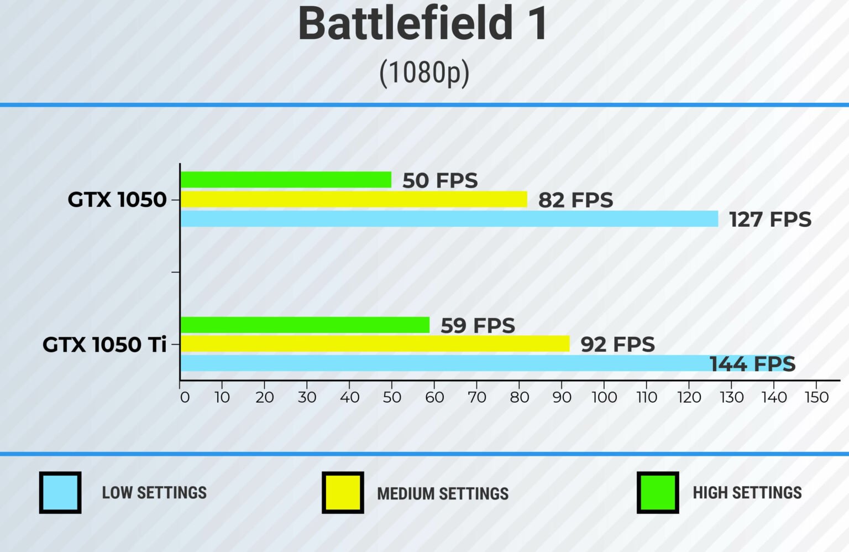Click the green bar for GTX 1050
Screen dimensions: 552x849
[x=286, y=180]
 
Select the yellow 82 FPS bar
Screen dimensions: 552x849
[x=354, y=199]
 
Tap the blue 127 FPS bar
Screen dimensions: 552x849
[x=449, y=219]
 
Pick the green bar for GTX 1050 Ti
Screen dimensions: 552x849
[x=305, y=325]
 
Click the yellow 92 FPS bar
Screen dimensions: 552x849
[x=375, y=344]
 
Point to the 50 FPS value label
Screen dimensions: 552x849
[x=440, y=181]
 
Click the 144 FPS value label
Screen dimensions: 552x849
[x=752, y=364]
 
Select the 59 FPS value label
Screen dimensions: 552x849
[x=478, y=326]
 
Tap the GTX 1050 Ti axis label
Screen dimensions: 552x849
[x=104, y=345]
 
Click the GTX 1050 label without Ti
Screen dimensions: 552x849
[x=117, y=200]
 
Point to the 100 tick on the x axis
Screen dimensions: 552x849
[x=604, y=397]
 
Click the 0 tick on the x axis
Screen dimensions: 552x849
[x=185, y=397]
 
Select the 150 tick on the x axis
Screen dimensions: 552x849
[x=816, y=397]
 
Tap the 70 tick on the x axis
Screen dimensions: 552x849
[x=476, y=397]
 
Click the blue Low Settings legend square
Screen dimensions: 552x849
[x=60, y=492]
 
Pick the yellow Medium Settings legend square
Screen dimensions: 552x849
[x=343, y=492]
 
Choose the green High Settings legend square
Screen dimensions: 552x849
[x=658, y=492]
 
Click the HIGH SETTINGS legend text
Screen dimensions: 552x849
[x=747, y=492]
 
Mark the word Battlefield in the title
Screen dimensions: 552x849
[x=406, y=24]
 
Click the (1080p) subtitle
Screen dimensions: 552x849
[x=424, y=72]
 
